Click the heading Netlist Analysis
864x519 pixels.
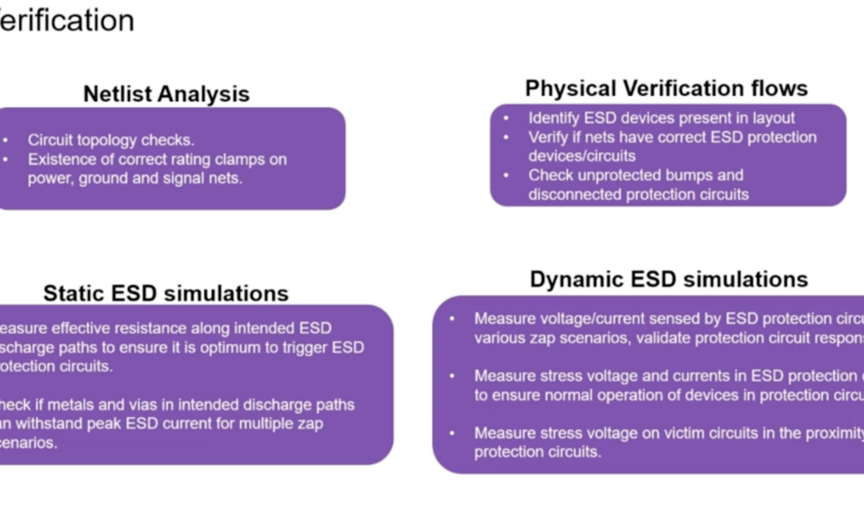[x=166, y=94]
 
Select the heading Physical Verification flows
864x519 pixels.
[x=666, y=88]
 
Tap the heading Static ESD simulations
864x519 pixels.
[x=166, y=293]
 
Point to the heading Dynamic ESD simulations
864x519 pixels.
[x=669, y=279]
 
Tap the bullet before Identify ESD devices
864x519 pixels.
[x=506, y=118]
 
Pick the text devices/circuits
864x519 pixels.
[x=581, y=156]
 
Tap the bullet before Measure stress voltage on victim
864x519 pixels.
[x=452, y=433]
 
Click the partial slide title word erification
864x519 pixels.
[x=67, y=20]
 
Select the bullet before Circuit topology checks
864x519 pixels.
[x=5, y=140]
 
